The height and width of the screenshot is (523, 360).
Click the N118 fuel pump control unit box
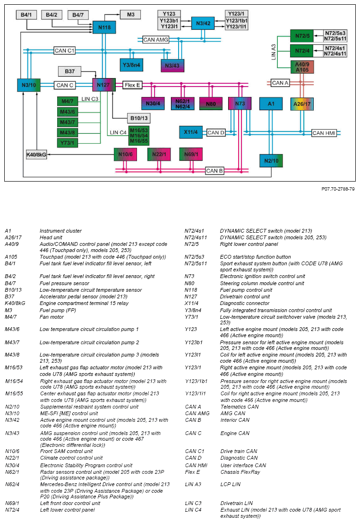pyautogui.click(x=104, y=28)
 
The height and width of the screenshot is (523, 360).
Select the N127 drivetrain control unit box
pyautogui.click(x=104, y=85)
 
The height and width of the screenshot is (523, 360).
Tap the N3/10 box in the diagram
pyautogui.click(x=28, y=85)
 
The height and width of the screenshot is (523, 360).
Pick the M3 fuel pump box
pyautogui.click(x=130, y=15)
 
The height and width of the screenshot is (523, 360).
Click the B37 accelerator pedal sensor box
pyautogui.click(x=69, y=71)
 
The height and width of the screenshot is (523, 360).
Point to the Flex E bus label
pyautogui.click(x=132, y=85)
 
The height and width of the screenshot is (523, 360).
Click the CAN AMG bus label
pyautogui.click(x=155, y=40)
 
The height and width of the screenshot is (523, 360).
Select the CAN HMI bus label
pyautogui.click(x=324, y=133)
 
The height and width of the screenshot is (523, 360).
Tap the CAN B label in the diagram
pyautogui.click(x=214, y=171)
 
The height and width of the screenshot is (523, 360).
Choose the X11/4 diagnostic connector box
pyautogui.click(x=191, y=132)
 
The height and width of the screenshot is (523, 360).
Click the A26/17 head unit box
pyautogui.click(x=301, y=104)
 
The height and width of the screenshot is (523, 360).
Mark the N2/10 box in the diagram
pyautogui.click(x=271, y=161)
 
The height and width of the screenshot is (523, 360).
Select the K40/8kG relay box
pyautogui.click(x=36, y=155)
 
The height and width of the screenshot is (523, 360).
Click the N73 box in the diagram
pyautogui.click(x=240, y=104)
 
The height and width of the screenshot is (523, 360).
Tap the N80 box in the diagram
pyautogui.click(x=211, y=104)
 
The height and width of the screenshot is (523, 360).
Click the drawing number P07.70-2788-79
pyautogui.click(x=338, y=189)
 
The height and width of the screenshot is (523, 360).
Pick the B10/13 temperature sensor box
pyautogui.click(x=138, y=118)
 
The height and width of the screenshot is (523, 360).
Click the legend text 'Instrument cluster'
pyautogui.click(x=60, y=231)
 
